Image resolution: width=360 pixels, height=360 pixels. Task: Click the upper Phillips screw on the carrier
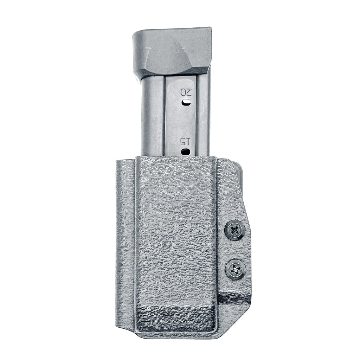point(235,230)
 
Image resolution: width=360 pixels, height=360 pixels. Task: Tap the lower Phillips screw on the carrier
point(235,269)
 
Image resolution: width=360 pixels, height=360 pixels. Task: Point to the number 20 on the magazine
point(186,92)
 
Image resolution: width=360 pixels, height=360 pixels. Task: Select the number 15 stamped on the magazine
point(185,142)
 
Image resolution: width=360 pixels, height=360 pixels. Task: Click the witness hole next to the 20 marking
point(186,102)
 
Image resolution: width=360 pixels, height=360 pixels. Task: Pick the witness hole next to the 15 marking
point(185,152)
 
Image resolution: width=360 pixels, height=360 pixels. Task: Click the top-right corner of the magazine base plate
point(210,28)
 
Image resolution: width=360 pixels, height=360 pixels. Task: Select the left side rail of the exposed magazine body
point(152,116)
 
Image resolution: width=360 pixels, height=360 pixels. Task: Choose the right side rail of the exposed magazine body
point(202,116)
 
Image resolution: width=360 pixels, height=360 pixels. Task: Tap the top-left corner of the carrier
point(117,161)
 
